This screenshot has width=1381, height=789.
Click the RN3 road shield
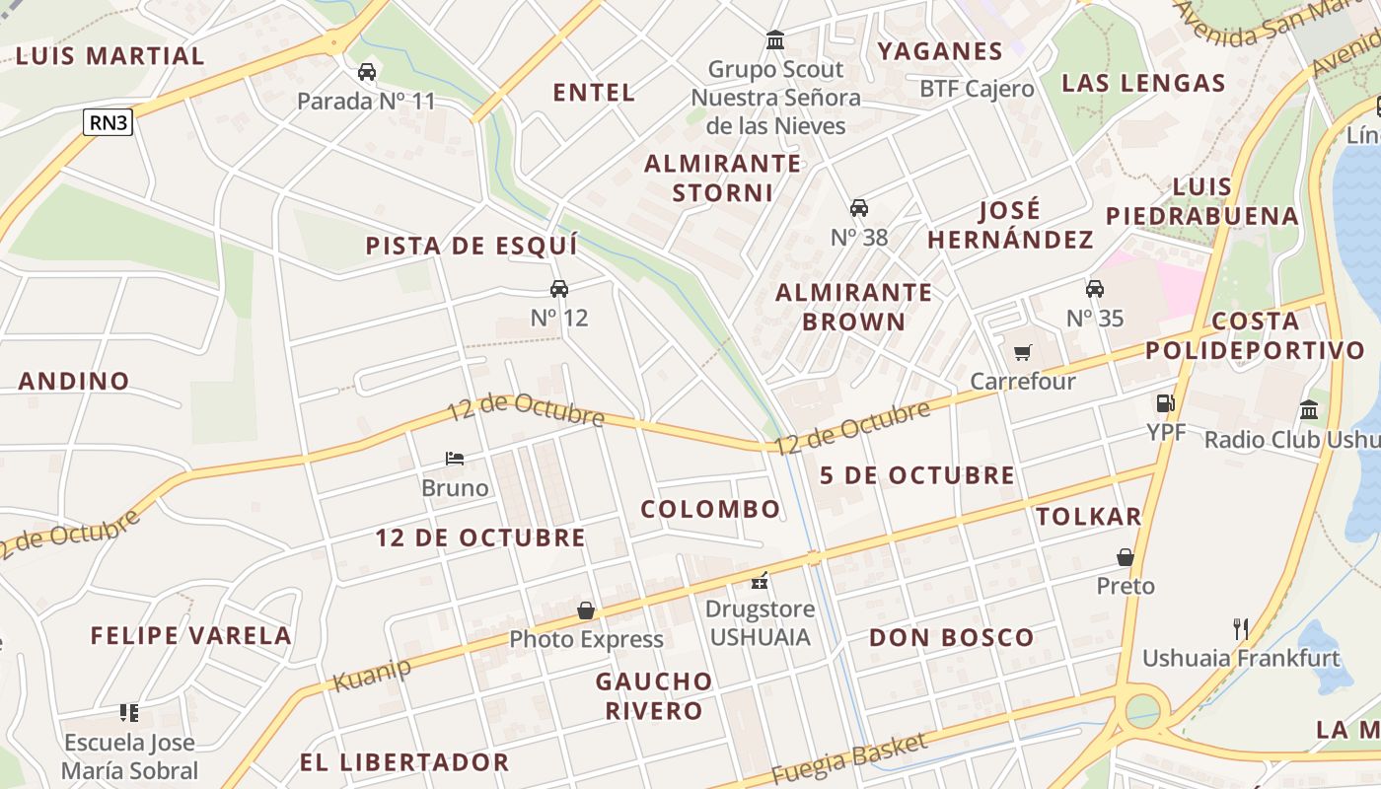pos(108,122)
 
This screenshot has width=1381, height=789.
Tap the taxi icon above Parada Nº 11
pos(366,72)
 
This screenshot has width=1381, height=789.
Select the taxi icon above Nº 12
pos(559,288)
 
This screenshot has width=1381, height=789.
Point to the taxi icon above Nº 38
pos(859,208)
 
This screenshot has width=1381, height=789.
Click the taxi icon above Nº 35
pos(1094,289)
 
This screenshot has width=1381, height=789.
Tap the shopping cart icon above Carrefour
pos(1023,352)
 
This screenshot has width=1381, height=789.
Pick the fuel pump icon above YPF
pos(1165,402)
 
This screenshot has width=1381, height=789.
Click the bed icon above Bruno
pos(455,459)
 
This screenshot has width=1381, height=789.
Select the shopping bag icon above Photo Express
pos(586,610)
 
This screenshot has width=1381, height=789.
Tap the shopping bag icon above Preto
pos(1126,557)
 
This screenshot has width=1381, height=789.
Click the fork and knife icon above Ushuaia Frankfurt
pos(1241,628)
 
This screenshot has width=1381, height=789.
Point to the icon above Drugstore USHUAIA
pos(759,580)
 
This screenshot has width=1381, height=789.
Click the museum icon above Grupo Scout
pos(775,40)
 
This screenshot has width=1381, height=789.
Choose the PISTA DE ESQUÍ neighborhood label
pos(472,246)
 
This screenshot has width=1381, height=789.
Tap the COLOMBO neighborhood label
pos(710,509)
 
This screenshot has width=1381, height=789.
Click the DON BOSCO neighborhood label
pos(951,637)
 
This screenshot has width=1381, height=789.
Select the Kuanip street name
pos(372,675)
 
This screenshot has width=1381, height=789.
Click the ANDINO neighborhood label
pos(74,381)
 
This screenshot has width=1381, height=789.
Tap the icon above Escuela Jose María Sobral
pos(129,712)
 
